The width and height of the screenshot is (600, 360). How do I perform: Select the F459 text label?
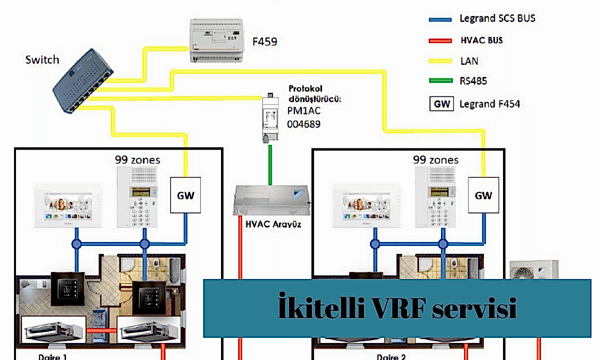[264, 41]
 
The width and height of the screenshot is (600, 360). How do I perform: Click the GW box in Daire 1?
[185, 195]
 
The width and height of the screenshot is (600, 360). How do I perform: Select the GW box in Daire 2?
[483, 195]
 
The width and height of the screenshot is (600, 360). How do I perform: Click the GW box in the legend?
[441, 104]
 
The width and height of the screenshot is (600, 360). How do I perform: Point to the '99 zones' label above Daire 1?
[137, 160]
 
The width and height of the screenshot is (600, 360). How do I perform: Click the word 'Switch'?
[42, 60]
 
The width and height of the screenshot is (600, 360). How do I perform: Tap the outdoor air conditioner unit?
[533, 270]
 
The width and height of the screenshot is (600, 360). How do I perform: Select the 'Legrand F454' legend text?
[489, 104]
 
